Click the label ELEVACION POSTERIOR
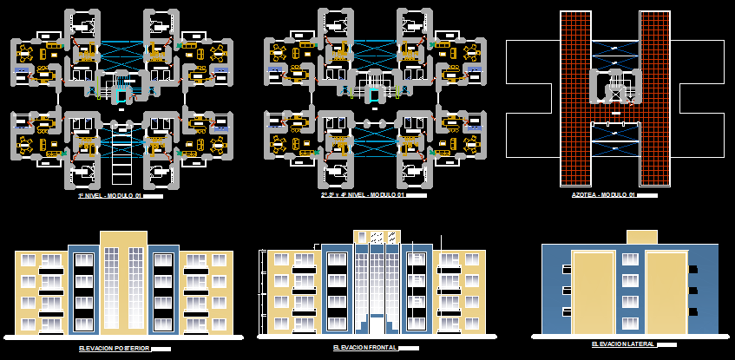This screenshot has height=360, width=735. (113, 348)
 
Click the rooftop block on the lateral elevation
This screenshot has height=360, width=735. (642, 237)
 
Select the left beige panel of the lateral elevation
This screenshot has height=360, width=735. (593, 292)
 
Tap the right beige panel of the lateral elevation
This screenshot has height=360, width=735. (666, 292)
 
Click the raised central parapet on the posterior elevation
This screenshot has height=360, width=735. (123, 239)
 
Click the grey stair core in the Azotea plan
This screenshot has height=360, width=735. (615, 87)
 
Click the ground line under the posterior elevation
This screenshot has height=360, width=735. (123, 337)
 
